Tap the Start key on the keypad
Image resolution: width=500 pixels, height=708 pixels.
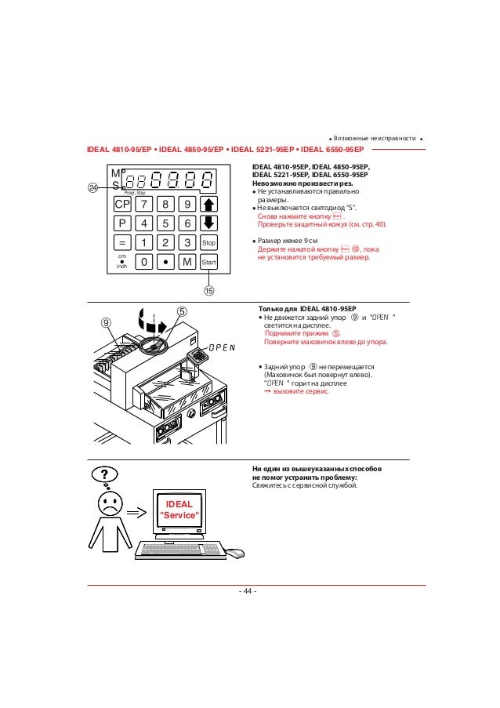point(208,263)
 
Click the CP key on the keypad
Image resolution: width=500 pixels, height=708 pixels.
point(121,205)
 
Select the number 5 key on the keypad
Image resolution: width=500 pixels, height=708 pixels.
point(167,223)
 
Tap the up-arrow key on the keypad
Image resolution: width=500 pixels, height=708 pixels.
point(208,205)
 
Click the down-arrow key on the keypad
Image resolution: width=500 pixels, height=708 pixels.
point(208,223)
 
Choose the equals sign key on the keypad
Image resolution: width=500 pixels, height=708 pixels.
point(122,243)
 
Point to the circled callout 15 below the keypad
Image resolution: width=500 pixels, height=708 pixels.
point(209,290)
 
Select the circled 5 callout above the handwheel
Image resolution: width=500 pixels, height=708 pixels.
point(181,311)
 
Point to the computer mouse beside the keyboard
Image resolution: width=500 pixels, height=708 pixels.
point(236,554)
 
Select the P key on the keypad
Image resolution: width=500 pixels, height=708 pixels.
point(121,223)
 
